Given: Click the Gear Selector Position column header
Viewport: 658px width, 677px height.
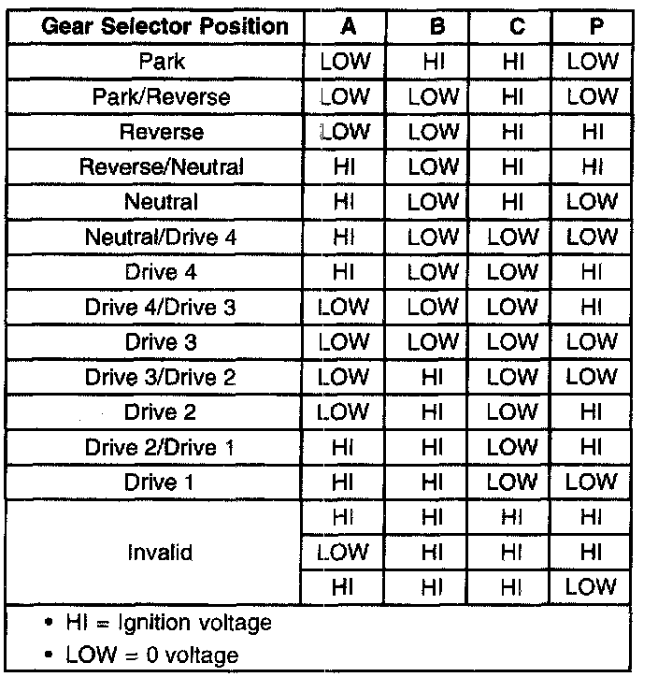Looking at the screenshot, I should (164, 26).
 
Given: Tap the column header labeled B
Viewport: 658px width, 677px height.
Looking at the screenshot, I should (435, 26).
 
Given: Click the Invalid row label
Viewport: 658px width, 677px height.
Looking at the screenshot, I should (161, 552).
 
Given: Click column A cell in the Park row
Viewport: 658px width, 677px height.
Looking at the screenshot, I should (345, 62).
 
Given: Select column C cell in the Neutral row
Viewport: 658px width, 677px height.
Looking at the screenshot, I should (513, 202).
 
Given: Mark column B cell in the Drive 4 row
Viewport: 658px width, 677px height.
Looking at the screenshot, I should (435, 272).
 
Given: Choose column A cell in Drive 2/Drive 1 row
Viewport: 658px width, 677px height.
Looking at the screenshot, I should (345, 448).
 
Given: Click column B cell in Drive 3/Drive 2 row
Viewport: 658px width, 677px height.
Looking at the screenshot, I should (435, 378).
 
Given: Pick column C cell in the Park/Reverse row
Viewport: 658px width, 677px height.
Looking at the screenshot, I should (513, 97).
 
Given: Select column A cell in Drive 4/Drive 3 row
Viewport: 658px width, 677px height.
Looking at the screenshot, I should (345, 308).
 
